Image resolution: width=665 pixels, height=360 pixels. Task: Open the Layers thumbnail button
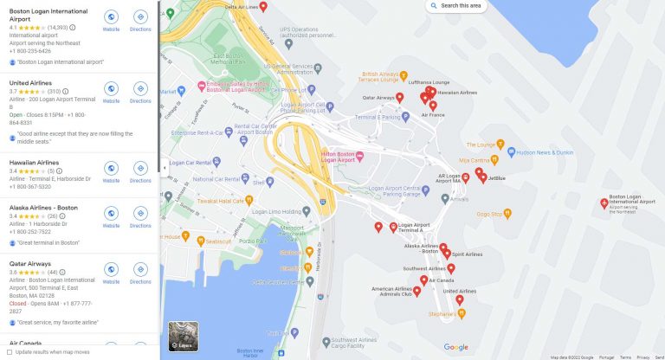[x=183, y=337]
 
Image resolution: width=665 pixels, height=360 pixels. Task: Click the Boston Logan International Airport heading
[x=48, y=15]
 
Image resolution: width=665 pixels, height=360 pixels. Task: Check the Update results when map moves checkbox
[x=10, y=352]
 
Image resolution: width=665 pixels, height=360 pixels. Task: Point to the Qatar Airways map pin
[x=399, y=98]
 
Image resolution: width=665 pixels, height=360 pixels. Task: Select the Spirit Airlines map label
[x=467, y=254]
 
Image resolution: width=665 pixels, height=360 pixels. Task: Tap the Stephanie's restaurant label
[x=442, y=314]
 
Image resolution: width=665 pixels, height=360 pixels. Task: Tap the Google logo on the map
[x=456, y=347]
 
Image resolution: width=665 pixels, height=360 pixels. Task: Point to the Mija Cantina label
[x=478, y=160]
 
